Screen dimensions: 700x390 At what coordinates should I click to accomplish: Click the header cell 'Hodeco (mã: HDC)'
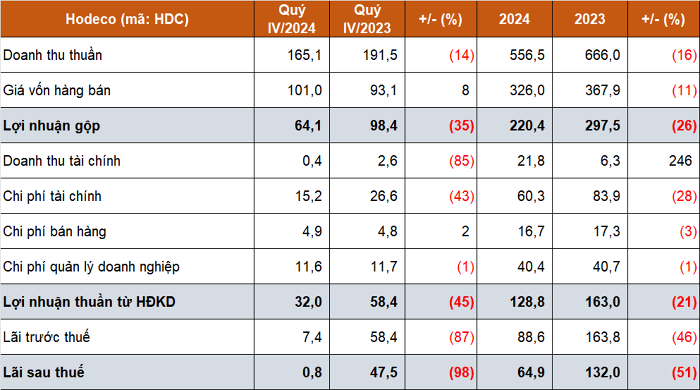(127, 19)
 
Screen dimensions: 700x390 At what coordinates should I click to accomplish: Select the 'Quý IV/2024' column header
(292, 19)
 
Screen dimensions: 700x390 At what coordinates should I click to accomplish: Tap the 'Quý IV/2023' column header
(367, 19)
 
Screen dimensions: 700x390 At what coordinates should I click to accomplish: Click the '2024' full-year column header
(514, 19)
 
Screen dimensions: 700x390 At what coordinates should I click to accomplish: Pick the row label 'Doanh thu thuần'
(53, 55)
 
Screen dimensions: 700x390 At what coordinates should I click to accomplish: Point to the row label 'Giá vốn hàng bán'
(57, 90)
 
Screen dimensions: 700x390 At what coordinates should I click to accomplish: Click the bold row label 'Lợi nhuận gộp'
(51, 126)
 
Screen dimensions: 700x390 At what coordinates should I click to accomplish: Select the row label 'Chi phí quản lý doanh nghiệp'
(91, 267)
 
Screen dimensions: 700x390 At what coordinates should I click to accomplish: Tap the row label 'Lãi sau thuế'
(43, 372)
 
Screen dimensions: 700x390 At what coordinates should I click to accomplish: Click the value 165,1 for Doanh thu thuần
(304, 55)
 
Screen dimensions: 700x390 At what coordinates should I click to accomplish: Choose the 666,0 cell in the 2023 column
(603, 55)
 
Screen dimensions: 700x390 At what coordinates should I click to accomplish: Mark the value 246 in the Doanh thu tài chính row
(680, 161)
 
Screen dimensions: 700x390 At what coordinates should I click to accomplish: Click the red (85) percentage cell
(462, 161)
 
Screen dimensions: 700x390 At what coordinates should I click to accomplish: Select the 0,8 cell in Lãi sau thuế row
(312, 372)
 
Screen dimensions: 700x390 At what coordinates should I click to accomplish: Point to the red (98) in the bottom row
(462, 372)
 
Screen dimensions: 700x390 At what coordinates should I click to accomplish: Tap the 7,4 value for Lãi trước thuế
(312, 337)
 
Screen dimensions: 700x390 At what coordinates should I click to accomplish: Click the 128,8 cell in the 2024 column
(527, 302)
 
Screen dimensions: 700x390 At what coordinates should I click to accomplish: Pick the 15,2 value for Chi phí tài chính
(308, 196)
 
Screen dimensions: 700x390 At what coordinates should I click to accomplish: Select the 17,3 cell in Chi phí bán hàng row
(607, 231)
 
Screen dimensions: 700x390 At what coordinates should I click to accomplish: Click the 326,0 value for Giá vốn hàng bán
(527, 90)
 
